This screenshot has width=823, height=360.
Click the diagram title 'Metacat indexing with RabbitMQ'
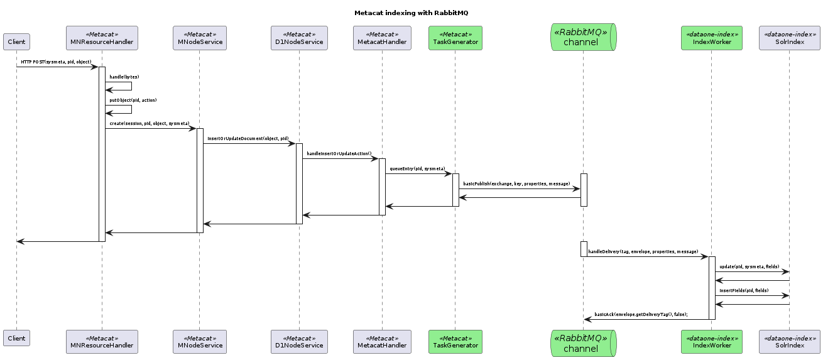[411, 13]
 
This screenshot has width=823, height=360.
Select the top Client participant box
[16, 41]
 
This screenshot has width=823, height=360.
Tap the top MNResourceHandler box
[102, 38]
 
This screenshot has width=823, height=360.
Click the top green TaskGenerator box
[455, 38]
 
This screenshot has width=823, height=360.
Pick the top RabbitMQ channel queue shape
[583, 37]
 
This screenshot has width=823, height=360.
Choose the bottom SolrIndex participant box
[789, 342]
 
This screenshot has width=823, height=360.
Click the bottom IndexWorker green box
[711, 342]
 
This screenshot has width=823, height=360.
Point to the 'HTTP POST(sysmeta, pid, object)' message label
[56, 62]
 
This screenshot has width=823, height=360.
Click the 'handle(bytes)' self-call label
[124, 77]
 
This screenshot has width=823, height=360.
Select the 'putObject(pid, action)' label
[133, 100]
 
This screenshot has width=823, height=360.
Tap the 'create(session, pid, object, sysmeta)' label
[149, 124]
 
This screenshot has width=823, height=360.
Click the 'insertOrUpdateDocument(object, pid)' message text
[248, 138]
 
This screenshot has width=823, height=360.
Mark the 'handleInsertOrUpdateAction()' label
[339, 153]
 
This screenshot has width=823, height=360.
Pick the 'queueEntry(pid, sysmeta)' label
[417, 169]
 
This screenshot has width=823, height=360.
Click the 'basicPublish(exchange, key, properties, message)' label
[516, 184]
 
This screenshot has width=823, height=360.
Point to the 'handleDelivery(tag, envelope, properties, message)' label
[643, 251]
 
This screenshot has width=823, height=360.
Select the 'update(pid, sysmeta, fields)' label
[749, 266]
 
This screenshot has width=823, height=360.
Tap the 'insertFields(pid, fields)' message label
[744, 290]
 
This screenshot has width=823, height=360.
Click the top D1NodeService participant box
[299, 38]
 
